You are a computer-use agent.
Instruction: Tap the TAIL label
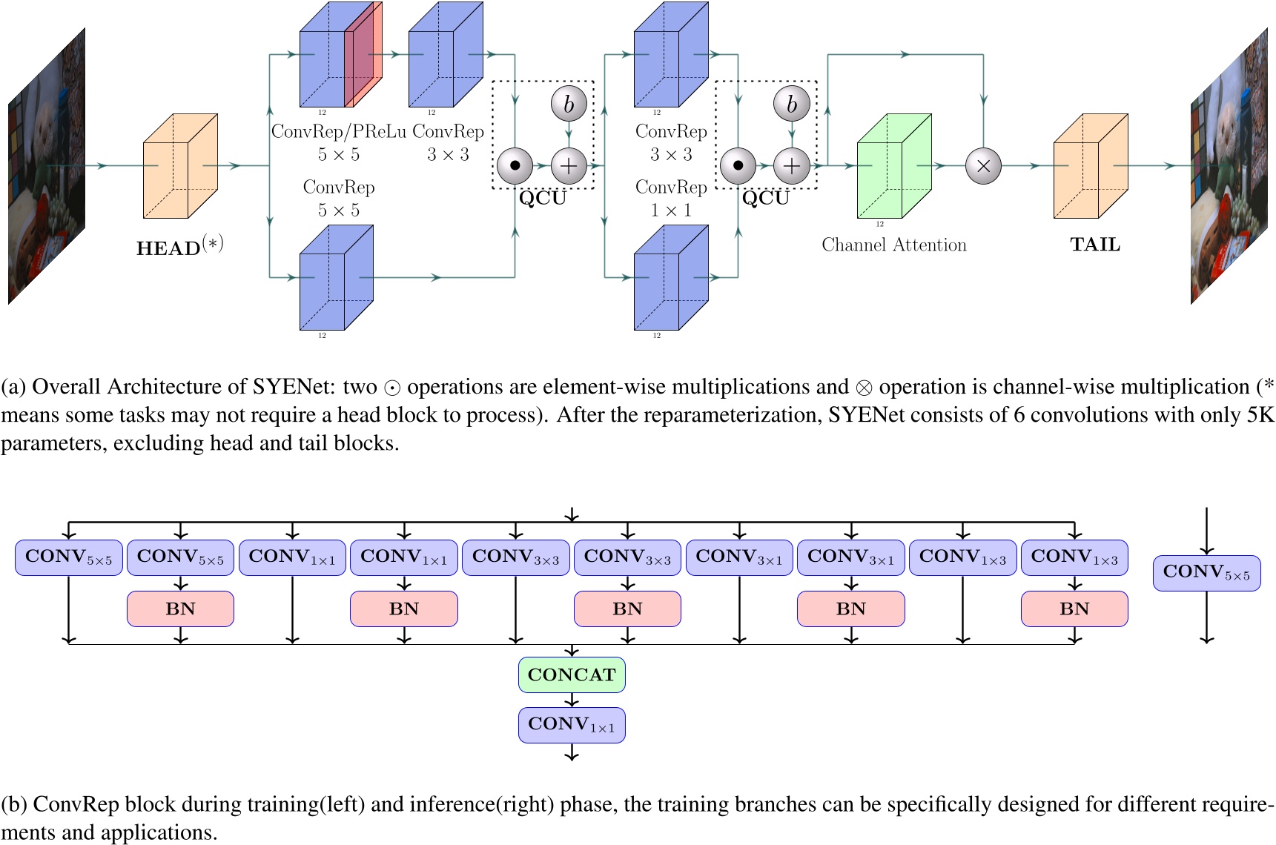coord(1094,245)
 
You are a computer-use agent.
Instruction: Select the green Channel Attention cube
coord(893,166)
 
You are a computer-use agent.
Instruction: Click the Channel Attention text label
coord(893,245)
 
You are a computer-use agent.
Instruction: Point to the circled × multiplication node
coord(983,166)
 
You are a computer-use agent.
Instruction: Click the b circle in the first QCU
coord(569,105)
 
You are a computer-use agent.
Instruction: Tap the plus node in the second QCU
coord(791,166)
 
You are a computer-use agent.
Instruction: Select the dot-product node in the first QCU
coord(515,166)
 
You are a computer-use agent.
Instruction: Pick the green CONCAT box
coord(572,675)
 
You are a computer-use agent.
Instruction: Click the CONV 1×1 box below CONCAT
coord(572,725)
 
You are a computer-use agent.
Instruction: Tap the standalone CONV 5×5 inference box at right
coord(1206,573)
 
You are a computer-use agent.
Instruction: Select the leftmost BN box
coord(180,609)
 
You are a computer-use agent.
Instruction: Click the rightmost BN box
coord(1074,609)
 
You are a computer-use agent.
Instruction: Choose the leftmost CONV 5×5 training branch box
coord(68,557)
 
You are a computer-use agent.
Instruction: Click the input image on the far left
coord(46,167)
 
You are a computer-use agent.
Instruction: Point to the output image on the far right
coord(1229,167)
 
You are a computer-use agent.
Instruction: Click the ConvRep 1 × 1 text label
coord(671,199)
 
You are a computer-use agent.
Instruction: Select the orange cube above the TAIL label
coord(1090,166)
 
